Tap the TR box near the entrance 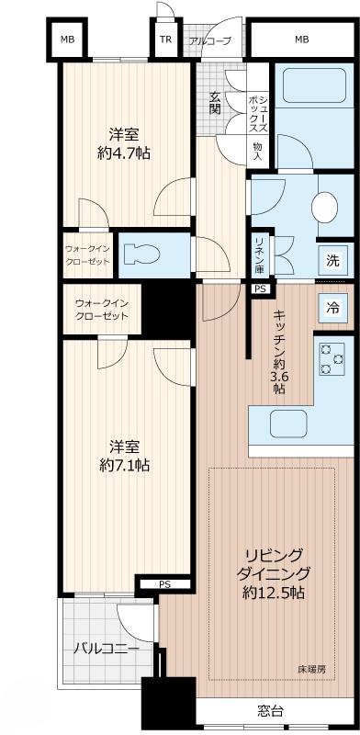(165, 40)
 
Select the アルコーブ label (210, 40)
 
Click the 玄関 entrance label (215, 102)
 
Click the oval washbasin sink (326, 207)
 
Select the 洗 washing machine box (332, 260)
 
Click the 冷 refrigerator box (332, 308)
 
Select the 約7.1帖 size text (125, 465)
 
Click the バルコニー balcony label (106, 648)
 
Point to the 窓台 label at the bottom (270, 710)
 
